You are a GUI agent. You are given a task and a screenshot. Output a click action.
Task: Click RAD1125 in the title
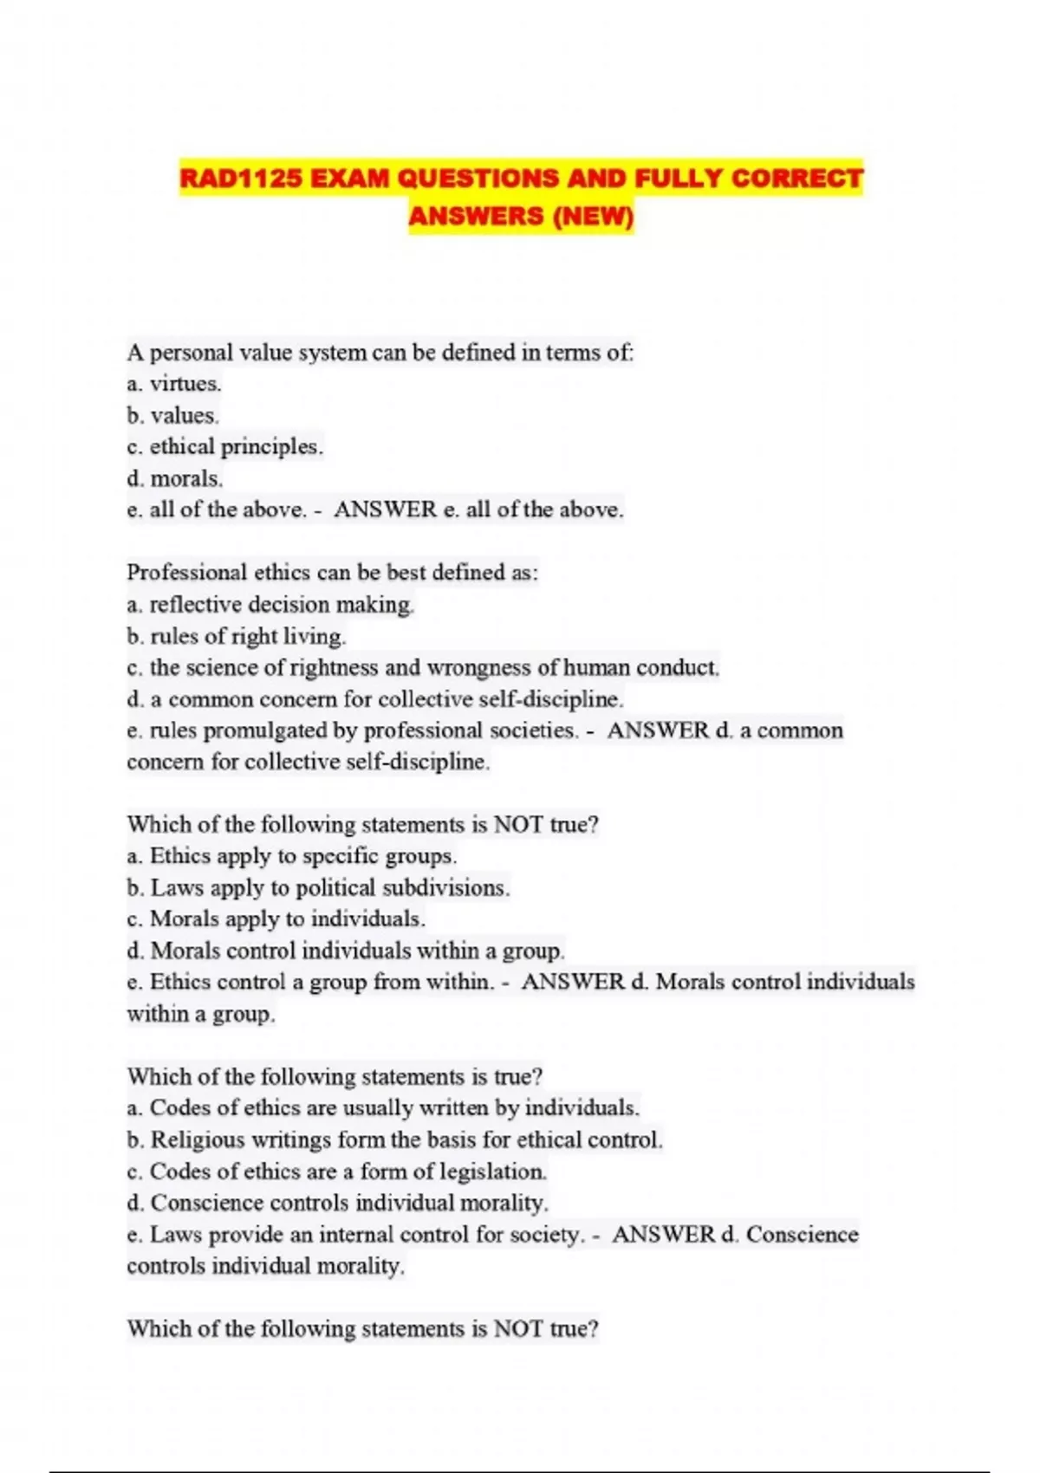click(x=241, y=178)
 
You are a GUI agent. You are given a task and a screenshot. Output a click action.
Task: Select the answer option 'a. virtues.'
click(x=174, y=384)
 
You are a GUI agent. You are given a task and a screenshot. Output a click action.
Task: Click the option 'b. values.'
click(x=172, y=416)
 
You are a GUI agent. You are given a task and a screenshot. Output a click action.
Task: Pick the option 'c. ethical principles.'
click(x=224, y=447)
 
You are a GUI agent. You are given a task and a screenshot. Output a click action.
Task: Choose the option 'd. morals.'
click(x=174, y=479)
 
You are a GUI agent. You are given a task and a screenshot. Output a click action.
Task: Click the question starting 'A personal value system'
click(x=380, y=353)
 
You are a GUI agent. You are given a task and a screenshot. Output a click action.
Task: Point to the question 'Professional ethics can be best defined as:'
click(x=333, y=573)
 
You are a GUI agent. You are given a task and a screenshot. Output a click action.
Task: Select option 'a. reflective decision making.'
click(x=270, y=605)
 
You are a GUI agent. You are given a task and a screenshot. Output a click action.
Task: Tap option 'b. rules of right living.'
click(x=237, y=637)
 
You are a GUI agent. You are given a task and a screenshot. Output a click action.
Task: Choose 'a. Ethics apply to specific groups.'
click(x=291, y=857)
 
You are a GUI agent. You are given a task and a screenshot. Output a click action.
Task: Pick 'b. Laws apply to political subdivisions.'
click(x=318, y=888)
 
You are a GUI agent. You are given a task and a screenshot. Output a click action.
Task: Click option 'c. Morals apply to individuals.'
click(x=276, y=919)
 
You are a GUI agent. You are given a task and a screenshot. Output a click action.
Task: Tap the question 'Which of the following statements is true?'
click(x=335, y=1077)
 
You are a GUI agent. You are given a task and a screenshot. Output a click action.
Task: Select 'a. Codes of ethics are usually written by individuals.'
click(x=383, y=1108)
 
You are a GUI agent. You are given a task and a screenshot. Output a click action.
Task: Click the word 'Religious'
click(x=198, y=1140)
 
